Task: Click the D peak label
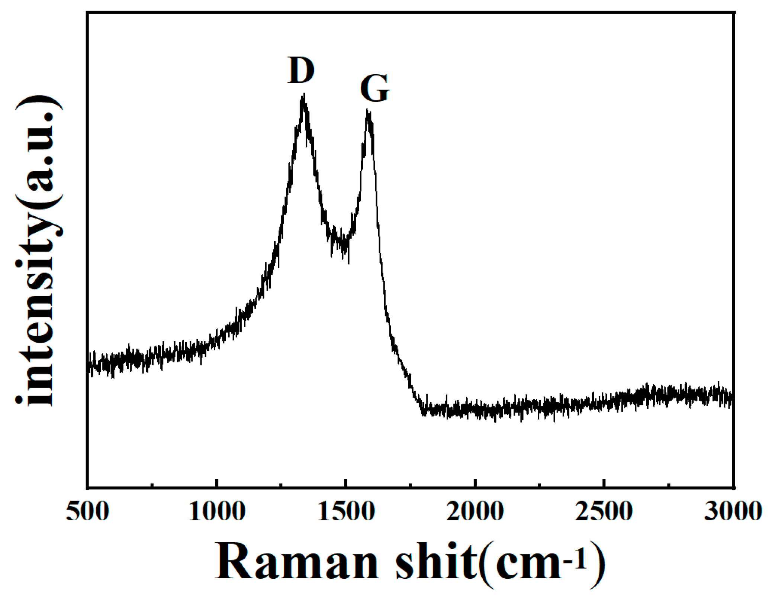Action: pyautogui.click(x=301, y=70)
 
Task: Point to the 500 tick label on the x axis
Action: pyautogui.click(x=87, y=511)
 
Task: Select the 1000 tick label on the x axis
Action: pyautogui.click(x=217, y=511)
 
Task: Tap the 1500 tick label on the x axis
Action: pyautogui.click(x=346, y=511)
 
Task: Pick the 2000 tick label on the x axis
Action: pyautogui.click(x=475, y=511)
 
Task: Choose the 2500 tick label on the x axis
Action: pyautogui.click(x=604, y=511)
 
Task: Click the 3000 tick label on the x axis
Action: pyautogui.click(x=733, y=511)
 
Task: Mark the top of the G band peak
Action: pyautogui.click(x=367, y=111)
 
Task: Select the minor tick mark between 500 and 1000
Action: pyautogui.click(x=152, y=485)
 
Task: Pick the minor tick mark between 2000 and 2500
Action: pyautogui.click(x=539, y=485)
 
